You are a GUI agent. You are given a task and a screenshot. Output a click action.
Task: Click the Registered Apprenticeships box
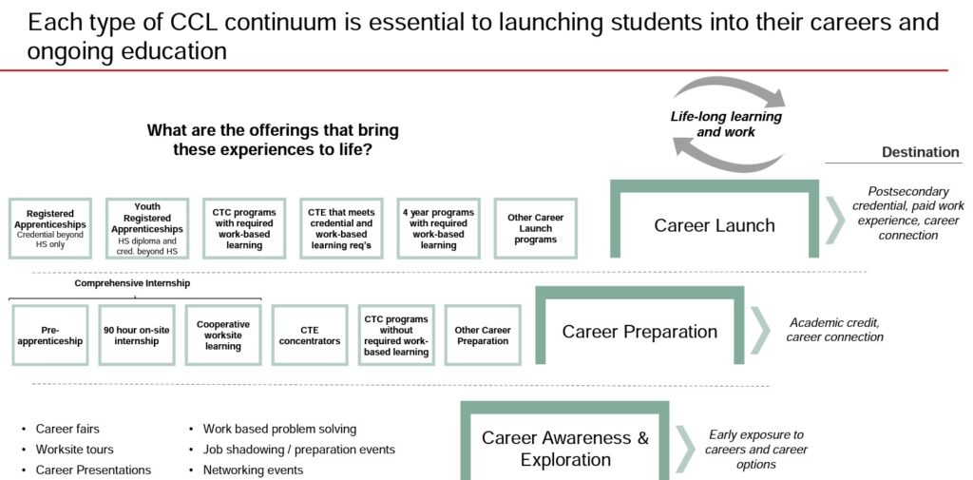click(50, 228)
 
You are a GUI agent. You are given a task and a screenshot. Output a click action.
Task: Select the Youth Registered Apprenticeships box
click(147, 228)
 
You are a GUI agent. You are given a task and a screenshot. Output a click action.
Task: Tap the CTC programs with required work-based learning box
click(244, 228)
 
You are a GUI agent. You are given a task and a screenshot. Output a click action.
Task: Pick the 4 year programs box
click(438, 228)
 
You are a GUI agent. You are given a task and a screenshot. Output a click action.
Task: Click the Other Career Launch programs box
click(536, 228)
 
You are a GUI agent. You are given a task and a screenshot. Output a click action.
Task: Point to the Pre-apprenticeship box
click(49, 336)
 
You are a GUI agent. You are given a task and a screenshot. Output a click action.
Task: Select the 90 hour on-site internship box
click(137, 336)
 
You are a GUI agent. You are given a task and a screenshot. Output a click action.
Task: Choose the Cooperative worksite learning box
click(223, 336)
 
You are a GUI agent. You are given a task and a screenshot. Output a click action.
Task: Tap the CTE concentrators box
click(310, 336)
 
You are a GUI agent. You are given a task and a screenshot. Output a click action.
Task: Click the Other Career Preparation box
click(483, 336)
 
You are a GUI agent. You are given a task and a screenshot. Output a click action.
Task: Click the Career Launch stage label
click(715, 224)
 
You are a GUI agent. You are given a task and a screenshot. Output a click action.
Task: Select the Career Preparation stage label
click(639, 332)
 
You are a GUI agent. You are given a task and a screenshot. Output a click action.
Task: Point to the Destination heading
click(920, 153)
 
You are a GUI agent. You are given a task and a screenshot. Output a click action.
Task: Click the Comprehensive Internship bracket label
click(132, 283)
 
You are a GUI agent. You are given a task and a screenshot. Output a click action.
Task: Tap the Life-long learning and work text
click(726, 124)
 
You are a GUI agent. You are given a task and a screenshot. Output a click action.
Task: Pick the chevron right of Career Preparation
click(760, 330)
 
